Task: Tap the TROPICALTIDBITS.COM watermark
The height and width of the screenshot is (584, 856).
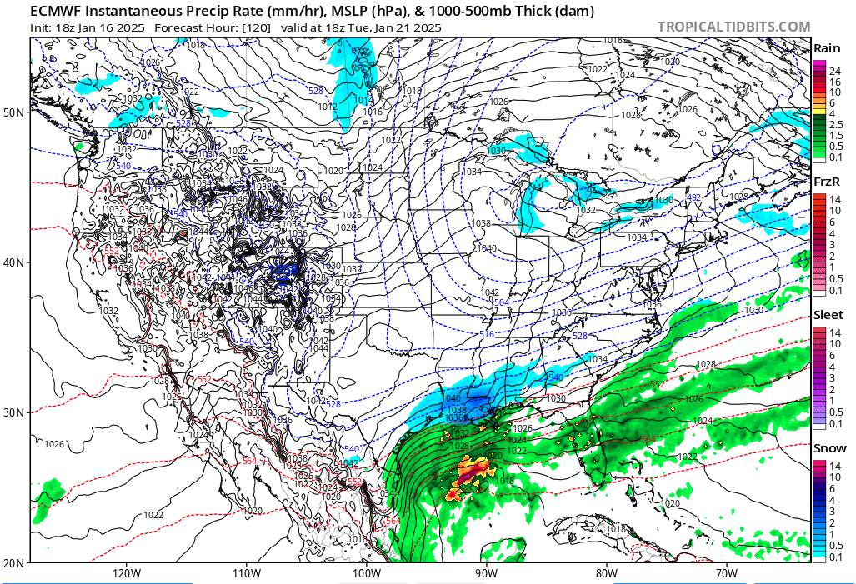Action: coord(733,27)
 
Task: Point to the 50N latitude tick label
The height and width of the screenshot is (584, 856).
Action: coord(14,112)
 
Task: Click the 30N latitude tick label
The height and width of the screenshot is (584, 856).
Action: coord(14,412)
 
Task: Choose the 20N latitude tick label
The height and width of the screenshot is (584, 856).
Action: coord(14,562)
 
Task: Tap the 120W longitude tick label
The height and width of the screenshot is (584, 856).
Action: coord(126,573)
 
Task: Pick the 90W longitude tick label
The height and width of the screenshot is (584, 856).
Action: coord(487,573)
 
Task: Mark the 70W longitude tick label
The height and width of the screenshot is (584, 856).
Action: coord(727,573)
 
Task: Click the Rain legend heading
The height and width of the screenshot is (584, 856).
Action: coord(826,48)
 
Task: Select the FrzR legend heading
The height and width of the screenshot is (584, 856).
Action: coord(826,182)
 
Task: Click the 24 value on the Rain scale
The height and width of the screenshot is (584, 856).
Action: coord(834,71)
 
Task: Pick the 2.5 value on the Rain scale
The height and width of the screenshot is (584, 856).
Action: coord(835,123)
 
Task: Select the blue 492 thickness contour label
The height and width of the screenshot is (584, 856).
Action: coord(693,197)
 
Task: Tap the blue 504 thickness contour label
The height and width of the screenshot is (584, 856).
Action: coord(501,302)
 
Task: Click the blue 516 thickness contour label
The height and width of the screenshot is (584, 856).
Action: coord(487,334)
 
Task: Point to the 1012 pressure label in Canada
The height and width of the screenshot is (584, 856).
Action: coord(327,107)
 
